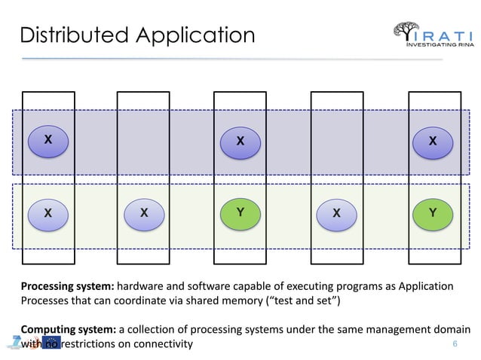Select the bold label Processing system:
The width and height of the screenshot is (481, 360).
coord(68,286)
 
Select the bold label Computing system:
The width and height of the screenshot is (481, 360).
coord(69,329)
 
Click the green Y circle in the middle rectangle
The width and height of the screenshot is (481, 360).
coord(240,213)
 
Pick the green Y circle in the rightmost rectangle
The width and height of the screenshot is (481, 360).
coord(433,213)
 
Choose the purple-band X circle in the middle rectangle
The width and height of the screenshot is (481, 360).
coord(240,142)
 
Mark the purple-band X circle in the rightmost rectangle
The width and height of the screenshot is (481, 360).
coord(433,142)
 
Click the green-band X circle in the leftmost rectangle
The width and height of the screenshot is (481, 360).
coord(48,213)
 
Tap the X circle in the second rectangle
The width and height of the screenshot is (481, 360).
coord(143,213)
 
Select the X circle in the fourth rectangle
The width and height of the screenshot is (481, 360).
coord(336,214)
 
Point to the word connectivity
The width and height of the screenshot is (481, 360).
coord(160,344)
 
